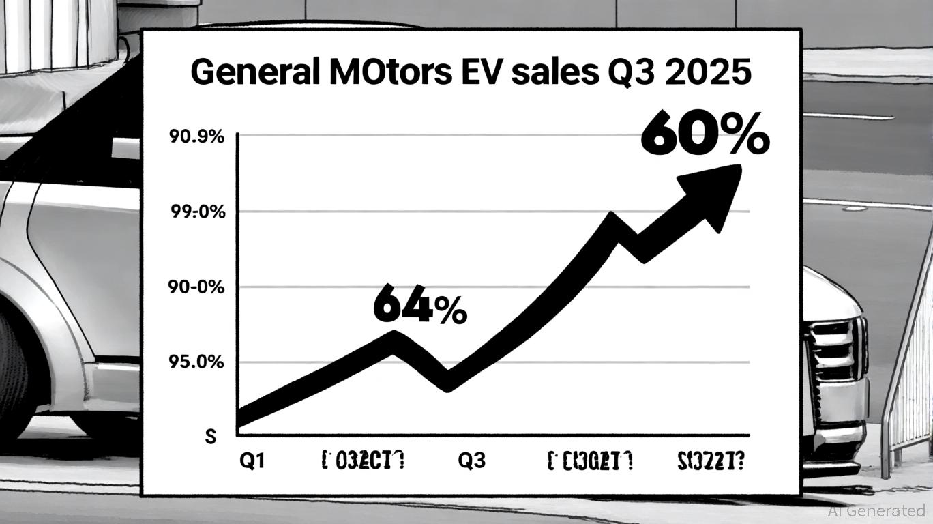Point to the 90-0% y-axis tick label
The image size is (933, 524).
pyautogui.click(x=196, y=287)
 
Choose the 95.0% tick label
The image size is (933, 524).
pyautogui.click(x=196, y=362)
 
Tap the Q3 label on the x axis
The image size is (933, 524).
pyautogui.click(x=471, y=461)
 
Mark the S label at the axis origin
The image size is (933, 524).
pyautogui.click(x=211, y=437)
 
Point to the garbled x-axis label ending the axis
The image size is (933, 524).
pyautogui.click(x=711, y=461)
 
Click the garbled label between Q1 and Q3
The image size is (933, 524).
pyautogui.click(x=362, y=461)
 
